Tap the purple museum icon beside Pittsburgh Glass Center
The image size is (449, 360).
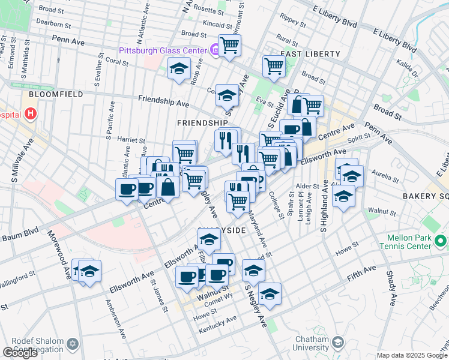pos(214,50)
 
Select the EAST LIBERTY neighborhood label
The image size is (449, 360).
pos(310,54)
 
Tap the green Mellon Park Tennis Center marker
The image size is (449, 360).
pos(442,241)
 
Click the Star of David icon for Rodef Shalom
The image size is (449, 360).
pos(73,344)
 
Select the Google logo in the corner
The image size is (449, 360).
pos(20,353)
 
